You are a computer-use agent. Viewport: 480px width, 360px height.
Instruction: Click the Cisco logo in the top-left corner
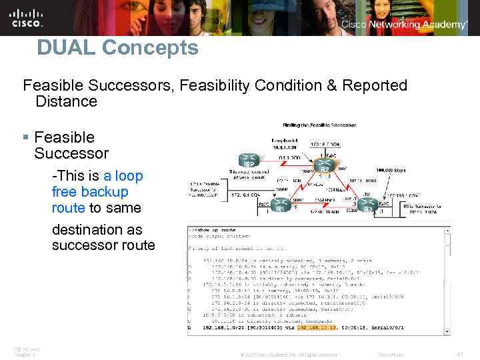click(x=26, y=17)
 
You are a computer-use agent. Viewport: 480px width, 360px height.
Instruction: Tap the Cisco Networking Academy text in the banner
click(x=404, y=25)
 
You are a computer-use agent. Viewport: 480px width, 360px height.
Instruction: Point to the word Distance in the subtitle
click(x=66, y=101)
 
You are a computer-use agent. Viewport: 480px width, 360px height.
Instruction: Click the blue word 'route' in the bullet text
click(x=68, y=208)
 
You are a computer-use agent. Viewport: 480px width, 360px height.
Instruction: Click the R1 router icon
click(x=281, y=205)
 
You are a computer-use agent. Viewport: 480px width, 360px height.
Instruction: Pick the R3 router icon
click(x=368, y=205)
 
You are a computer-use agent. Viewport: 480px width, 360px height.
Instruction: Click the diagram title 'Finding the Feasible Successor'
click(x=319, y=125)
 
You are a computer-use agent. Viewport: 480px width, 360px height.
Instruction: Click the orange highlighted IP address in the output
click(x=316, y=328)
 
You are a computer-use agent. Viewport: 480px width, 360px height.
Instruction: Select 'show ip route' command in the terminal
click(x=214, y=230)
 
